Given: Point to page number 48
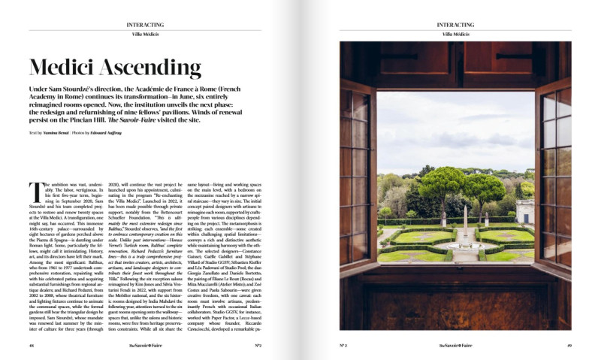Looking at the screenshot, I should [32, 345].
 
